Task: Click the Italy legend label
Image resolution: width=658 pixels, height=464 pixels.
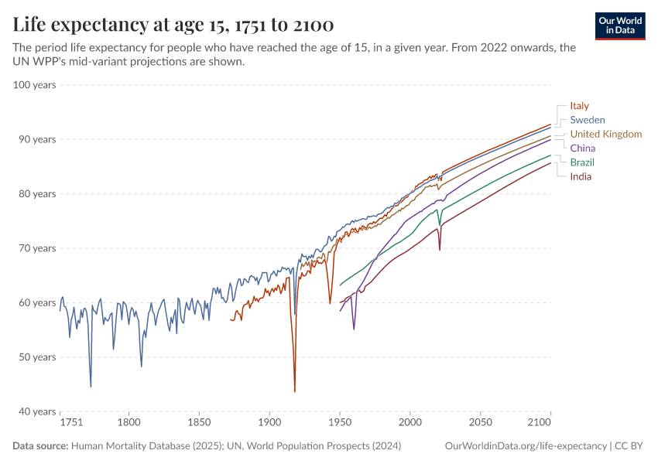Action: pyautogui.click(x=580, y=106)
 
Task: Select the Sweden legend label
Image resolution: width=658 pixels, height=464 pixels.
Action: pyautogui.click(x=588, y=120)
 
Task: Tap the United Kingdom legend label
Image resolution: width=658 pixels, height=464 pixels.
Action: pyautogui.click(x=605, y=134)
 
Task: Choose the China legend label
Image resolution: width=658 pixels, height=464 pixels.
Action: pyautogui.click(x=583, y=148)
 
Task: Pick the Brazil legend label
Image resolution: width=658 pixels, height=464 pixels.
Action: pyautogui.click(x=582, y=162)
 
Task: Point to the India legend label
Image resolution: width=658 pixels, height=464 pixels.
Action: pyautogui.click(x=581, y=176)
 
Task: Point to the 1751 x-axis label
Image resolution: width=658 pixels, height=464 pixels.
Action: pyautogui.click(x=71, y=424)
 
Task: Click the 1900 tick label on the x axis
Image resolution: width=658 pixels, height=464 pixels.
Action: pyautogui.click(x=269, y=424)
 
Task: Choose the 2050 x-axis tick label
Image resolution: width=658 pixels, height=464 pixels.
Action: pyautogui.click(x=480, y=424)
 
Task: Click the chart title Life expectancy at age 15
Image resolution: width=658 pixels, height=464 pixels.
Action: pyautogui.click(x=173, y=25)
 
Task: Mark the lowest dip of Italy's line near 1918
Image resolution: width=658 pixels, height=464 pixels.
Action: pyautogui.click(x=295, y=391)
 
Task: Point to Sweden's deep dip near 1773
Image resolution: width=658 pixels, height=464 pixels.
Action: pyautogui.click(x=91, y=386)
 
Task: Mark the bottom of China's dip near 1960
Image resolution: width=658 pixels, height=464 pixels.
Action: pyautogui.click(x=354, y=329)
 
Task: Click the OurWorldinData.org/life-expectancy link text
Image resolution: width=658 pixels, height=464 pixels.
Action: pyautogui.click(x=526, y=446)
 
